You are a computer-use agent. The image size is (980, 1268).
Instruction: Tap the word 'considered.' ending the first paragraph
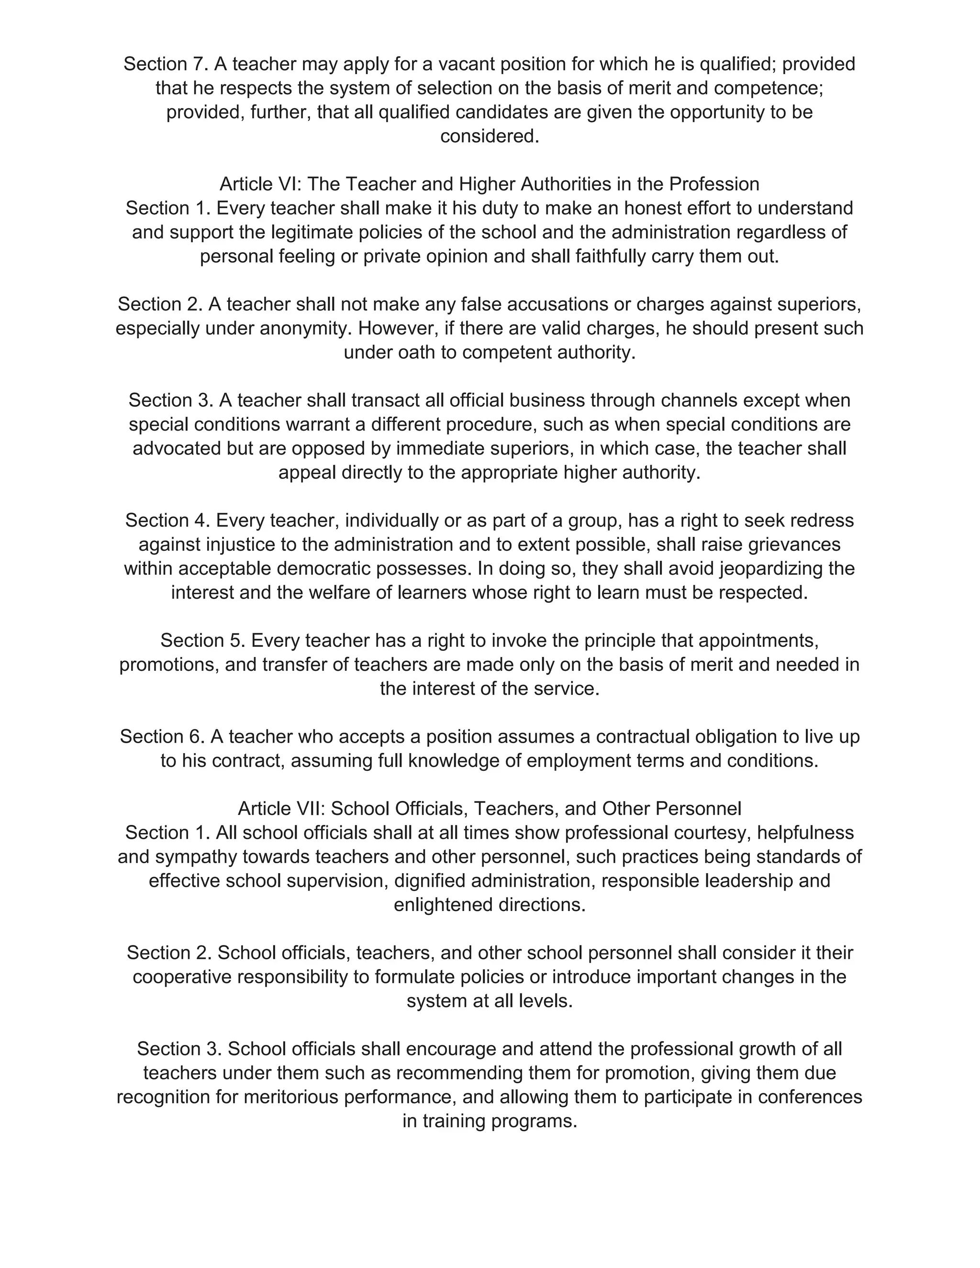click(x=490, y=136)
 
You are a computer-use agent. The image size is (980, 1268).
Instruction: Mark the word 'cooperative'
click(x=182, y=977)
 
